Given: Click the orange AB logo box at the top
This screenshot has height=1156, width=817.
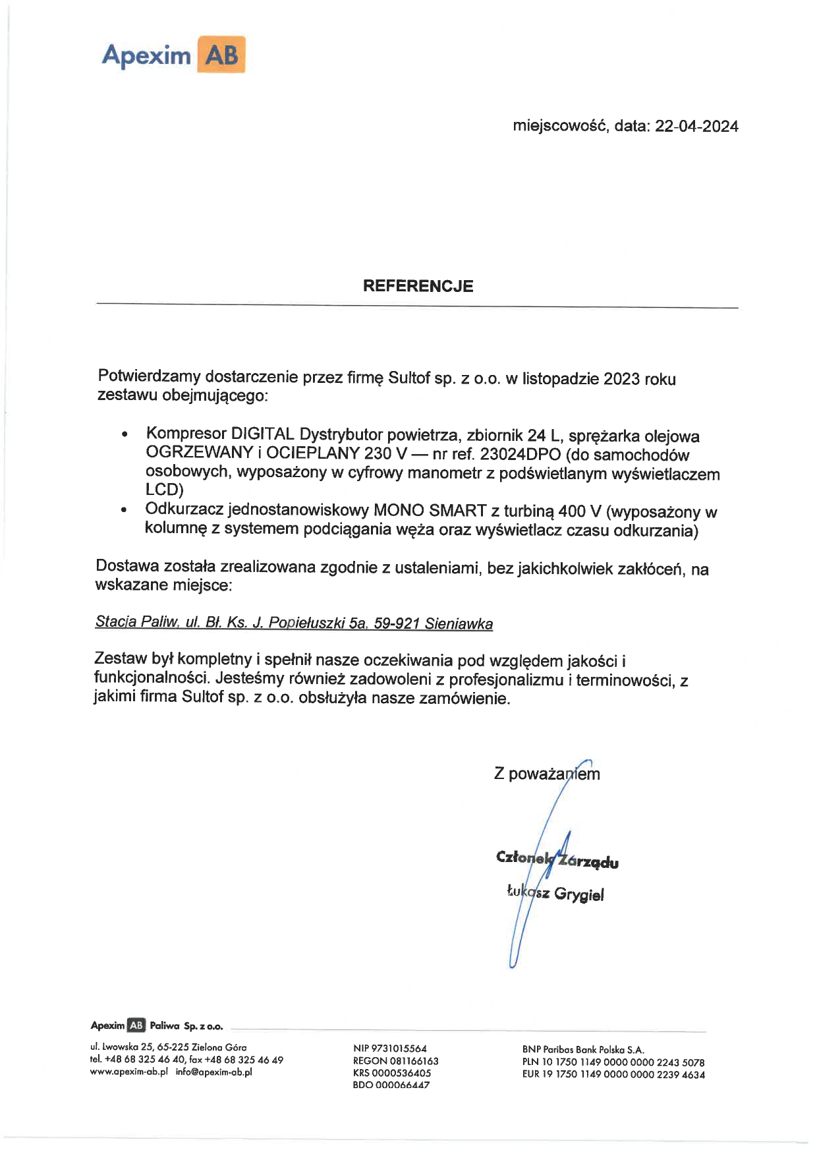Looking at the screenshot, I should pos(221,55).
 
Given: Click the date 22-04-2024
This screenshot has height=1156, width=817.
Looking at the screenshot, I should pos(696,127).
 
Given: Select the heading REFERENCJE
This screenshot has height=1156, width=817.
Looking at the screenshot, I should pos(418,286).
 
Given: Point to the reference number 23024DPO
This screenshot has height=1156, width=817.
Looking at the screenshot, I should pos(521,455).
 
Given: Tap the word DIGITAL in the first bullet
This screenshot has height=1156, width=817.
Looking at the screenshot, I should pos(262,434).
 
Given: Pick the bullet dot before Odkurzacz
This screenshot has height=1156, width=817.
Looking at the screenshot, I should pos(124,511).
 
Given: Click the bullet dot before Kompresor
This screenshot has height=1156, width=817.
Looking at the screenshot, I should pos(124,436).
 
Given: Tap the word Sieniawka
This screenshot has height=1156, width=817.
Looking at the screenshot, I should pos(459,623).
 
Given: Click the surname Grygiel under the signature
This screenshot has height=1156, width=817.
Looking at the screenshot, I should pos(578,894).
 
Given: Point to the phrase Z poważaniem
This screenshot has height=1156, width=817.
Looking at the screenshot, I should pos(547,774).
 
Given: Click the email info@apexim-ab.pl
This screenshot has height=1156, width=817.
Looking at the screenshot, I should pos(213,1072).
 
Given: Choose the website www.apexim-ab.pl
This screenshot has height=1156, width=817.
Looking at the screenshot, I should pos(129,1072).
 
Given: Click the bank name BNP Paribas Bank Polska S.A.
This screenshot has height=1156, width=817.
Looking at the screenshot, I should pos(582,1049).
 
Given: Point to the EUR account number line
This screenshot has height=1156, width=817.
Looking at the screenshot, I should pos(613,1074).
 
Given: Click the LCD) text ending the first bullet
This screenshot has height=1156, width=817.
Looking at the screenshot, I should pos(164,490).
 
